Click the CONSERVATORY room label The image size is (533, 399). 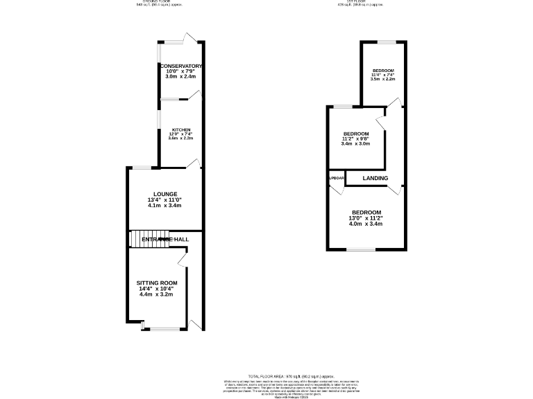click(x=180, y=66)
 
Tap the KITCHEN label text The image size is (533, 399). click(x=181, y=130)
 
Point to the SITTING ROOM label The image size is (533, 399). click(x=157, y=283)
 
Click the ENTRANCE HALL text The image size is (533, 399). click(x=165, y=239)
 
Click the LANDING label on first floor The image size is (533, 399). click(x=375, y=179)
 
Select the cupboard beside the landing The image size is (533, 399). click(x=336, y=179)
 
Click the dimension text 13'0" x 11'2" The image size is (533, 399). click(x=366, y=219)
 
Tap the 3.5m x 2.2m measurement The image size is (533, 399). click(x=382, y=80)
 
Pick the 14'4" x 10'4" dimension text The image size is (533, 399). click(x=157, y=289)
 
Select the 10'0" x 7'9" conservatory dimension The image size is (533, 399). click(x=180, y=71)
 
